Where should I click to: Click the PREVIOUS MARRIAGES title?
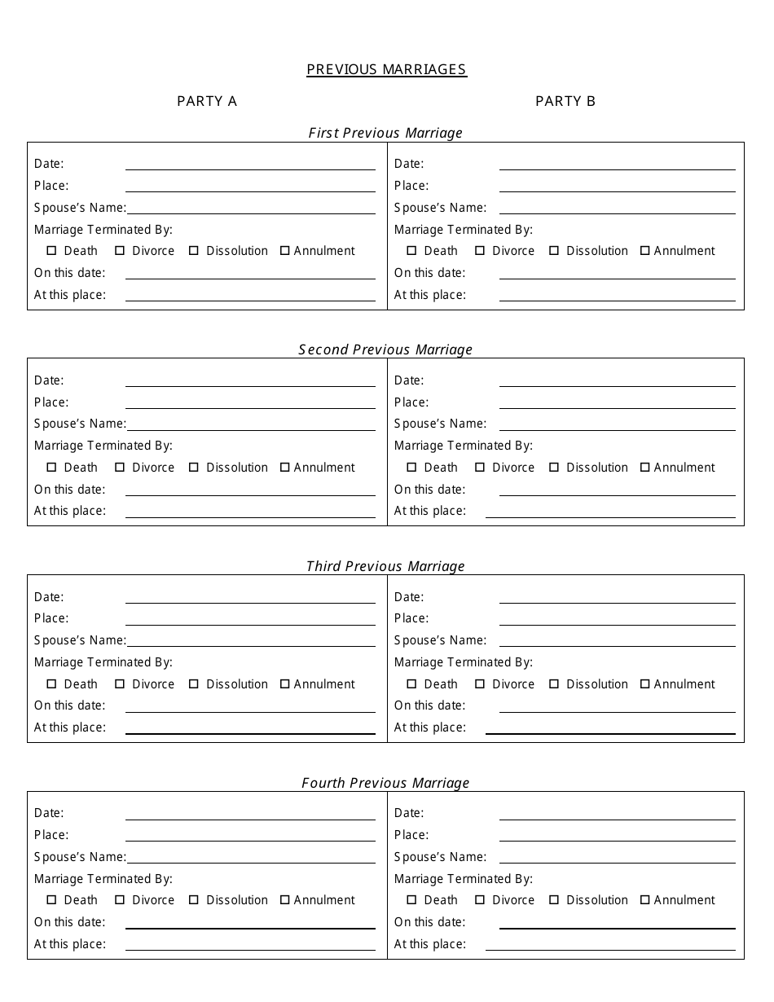(386, 69)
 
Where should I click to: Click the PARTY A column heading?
(207, 101)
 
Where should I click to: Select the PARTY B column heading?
(565, 101)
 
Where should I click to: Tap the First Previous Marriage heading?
(385, 133)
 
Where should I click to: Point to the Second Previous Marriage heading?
(385, 349)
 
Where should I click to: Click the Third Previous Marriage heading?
(385, 566)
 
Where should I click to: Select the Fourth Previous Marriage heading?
(385, 783)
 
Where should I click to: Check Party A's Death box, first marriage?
(52, 251)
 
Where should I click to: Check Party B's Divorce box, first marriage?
(480, 251)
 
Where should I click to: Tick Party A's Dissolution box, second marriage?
(194, 468)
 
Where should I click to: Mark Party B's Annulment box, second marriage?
(645, 468)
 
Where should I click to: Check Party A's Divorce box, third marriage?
(120, 684)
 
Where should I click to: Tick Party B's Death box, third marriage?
(411, 684)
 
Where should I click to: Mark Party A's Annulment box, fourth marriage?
(285, 900)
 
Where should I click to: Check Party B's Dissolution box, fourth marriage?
(554, 900)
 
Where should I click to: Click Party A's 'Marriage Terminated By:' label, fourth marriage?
(103, 879)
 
